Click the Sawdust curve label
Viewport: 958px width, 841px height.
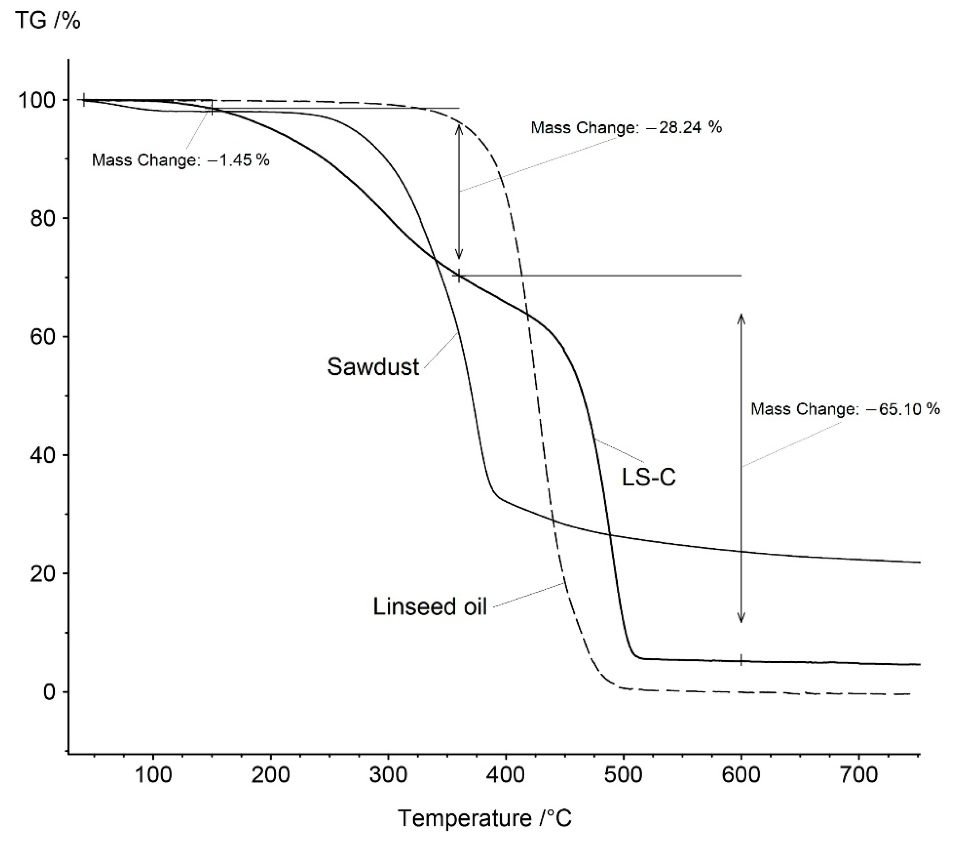pos(372,366)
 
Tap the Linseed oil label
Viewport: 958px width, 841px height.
pos(430,606)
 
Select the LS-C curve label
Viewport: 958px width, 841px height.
pos(649,478)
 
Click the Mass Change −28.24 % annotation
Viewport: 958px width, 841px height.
pos(626,128)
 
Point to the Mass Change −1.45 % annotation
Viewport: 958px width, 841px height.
pos(180,160)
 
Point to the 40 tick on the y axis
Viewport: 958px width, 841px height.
pos(42,455)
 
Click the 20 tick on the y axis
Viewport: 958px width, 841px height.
pos(42,573)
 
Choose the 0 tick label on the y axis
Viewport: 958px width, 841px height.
pos(49,692)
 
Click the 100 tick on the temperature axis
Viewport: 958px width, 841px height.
pos(153,775)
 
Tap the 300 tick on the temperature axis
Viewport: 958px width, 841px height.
pos(389,775)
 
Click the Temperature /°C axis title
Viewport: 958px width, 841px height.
pos(485,818)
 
